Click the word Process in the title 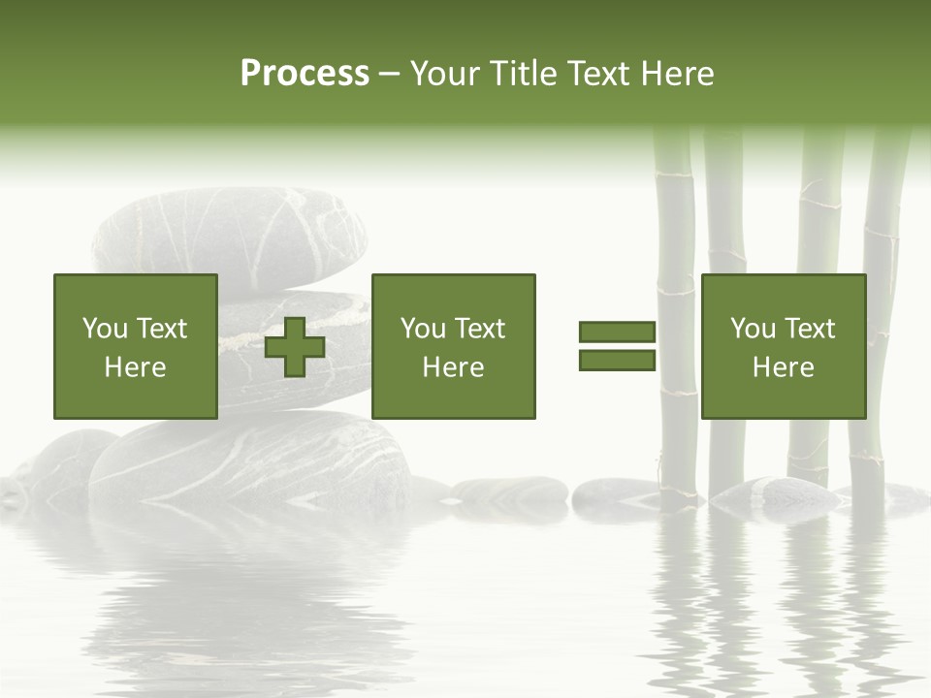(305, 74)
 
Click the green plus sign (295, 347)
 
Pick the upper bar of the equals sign (617, 333)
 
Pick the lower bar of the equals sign (617, 361)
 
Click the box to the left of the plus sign (135, 347)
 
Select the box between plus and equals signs (453, 347)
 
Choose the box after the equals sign (783, 347)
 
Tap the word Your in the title (444, 74)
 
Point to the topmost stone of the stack (230, 236)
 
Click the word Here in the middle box (453, 367)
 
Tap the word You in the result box (753, 329)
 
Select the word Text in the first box (161, 329)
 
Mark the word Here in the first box (135, 367)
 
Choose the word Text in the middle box (479, 329)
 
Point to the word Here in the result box (783, 367)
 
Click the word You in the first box (105, 329)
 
